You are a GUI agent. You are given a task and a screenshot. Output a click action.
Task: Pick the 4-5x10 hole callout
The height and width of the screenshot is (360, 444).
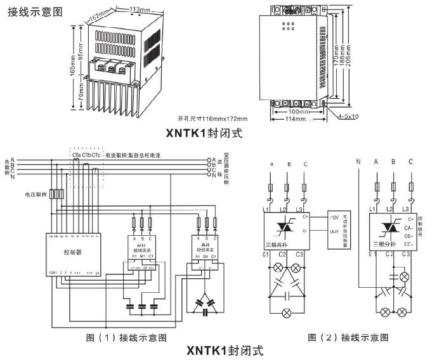348,117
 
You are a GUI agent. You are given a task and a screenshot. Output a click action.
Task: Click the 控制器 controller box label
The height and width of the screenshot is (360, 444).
73,252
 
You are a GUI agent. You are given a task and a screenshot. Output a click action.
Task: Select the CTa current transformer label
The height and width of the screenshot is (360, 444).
76,154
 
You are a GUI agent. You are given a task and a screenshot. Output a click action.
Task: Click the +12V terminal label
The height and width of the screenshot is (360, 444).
335,217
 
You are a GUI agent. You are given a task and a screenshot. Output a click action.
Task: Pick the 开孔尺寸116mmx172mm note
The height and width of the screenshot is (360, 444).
213,119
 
